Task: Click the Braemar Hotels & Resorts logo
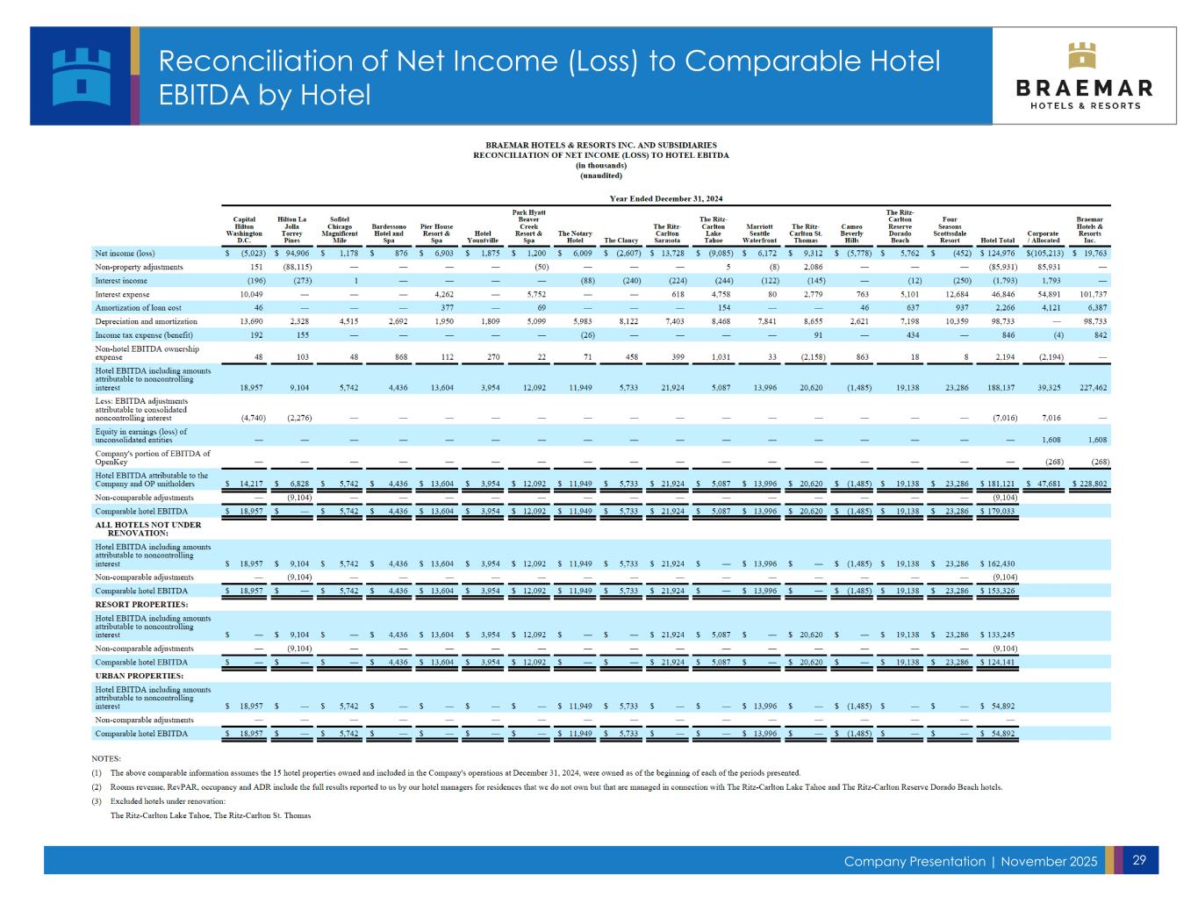coord(1084,75)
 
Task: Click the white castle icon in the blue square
coord(82,75)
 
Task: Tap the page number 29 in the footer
coord(1139,860)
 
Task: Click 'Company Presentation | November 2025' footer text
coord(970,861)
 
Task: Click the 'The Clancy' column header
coord(621,240)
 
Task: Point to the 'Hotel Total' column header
coord(997,240)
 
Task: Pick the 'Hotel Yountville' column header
coord(482,237)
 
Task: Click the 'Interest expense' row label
coord(122,294)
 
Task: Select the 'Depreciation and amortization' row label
coord(140,321)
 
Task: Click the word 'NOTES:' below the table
coord(106,758)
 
